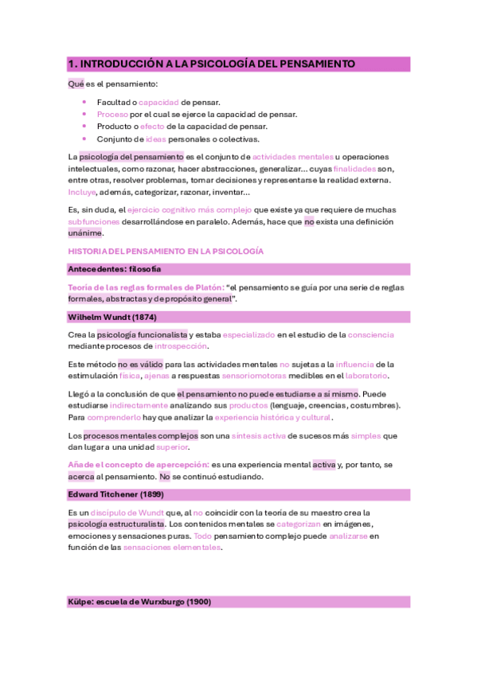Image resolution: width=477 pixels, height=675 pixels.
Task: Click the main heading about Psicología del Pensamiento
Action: click(x=211, y=64)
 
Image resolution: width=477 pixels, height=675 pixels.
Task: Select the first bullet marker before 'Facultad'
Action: click(x=84, y=102)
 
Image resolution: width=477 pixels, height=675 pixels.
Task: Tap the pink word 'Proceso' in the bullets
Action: click(x=112, y=114)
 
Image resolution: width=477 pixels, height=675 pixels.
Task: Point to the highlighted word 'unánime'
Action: click(x=85, y=234)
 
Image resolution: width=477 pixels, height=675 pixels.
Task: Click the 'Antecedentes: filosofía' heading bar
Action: click(x=115, y=269)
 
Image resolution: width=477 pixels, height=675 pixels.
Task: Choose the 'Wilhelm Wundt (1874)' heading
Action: click(x=111, y=317)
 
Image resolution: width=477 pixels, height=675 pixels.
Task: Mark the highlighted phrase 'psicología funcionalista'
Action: click(x=143, y=334)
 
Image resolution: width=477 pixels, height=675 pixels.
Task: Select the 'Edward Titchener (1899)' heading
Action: click(x=118, y=494)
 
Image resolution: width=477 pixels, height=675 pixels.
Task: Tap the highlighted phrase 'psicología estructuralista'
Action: click(x=117, y=525)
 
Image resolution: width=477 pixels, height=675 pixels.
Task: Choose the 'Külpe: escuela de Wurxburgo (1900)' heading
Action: click(x=139, y=602)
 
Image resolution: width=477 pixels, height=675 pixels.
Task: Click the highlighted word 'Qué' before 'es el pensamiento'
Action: click(x=76, y=84)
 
